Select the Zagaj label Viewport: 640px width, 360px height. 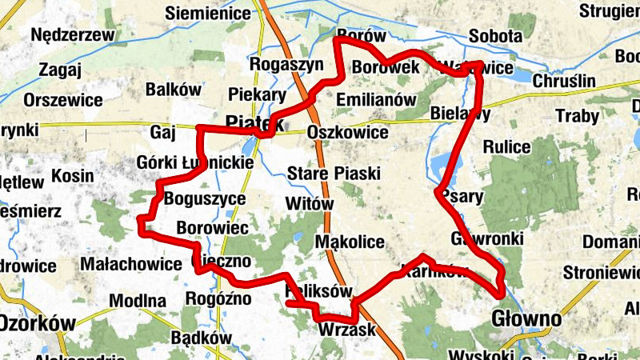tap(59, 69)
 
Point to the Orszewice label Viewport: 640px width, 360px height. tap(63, 101)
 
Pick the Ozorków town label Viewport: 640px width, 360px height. tap(38, 323)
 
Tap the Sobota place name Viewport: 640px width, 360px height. tap(495, 37)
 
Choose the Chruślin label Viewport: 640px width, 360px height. tap(563, 82)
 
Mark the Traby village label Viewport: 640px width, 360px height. tap(576, 117)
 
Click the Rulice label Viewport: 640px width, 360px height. tap(506, 147)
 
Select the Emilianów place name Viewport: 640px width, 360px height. tap(377, 100)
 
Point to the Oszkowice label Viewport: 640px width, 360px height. tap(347, 132)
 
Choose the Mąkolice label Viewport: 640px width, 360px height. tap(350, 242)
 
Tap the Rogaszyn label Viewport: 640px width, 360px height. tap(286, 64)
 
